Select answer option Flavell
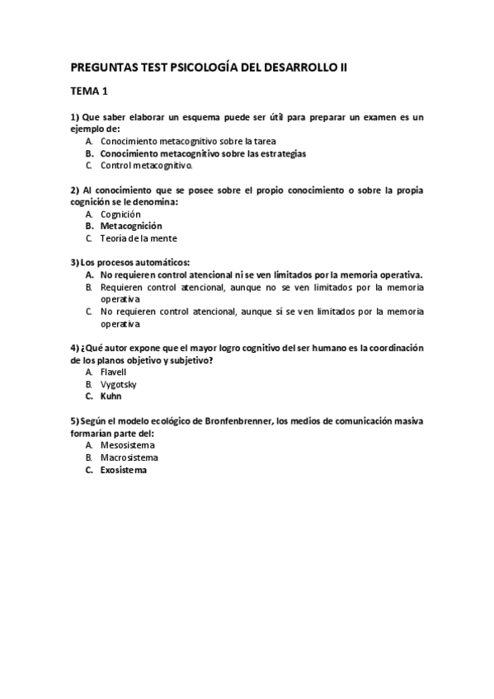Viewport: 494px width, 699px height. [x=114, y=372]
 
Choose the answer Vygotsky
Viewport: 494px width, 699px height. [x=119, y=384]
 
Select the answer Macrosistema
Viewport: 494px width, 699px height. [x=129, y=457]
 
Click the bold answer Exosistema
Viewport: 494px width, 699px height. [x=124, y=470]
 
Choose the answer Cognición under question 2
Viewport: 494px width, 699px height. [x=120, y=214]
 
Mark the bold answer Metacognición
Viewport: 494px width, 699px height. [x=131, y=226]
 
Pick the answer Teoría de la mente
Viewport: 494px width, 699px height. [x=139, y=238]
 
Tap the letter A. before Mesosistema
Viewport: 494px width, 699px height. [x=88, y=445]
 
